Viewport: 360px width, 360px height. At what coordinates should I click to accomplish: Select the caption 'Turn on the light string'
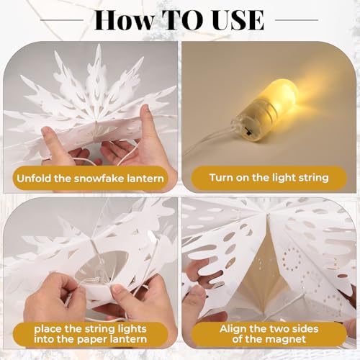coord(268,176)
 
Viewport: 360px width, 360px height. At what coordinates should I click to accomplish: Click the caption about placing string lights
coord(89,333)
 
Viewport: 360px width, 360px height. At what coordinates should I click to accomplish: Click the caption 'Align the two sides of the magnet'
coord(268,333)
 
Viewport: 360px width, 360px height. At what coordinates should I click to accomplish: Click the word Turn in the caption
coord(222,176)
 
